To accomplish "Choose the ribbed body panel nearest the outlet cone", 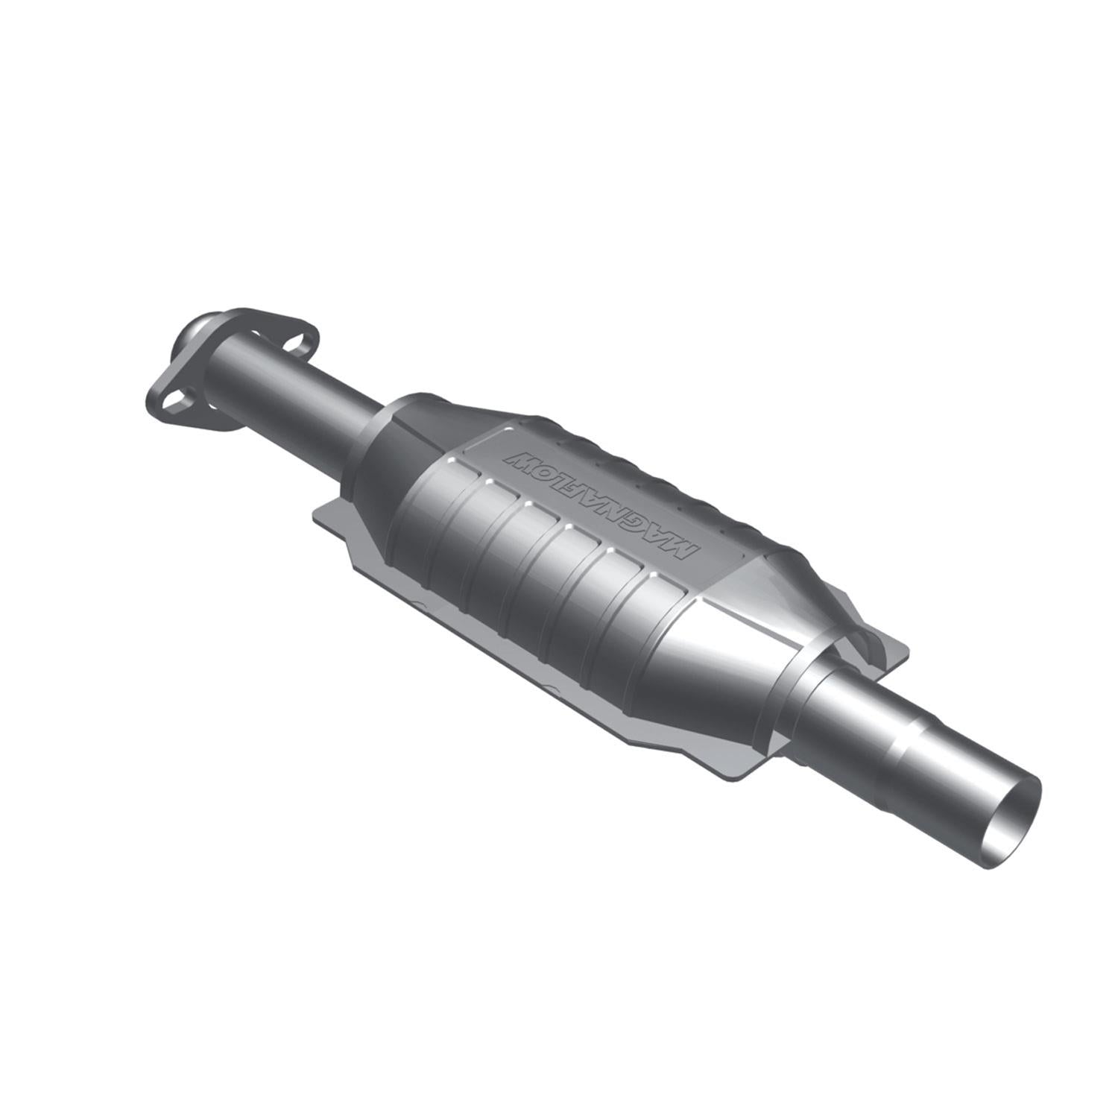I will pyautogui.click(x=656, y=634).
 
